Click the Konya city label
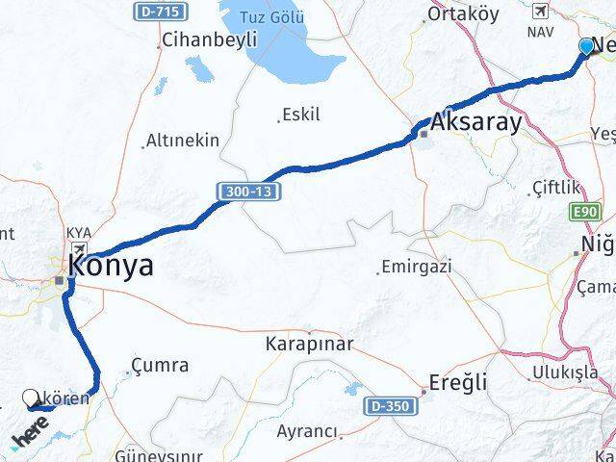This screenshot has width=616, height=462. point(113,267)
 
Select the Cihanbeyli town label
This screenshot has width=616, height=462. point(209,39)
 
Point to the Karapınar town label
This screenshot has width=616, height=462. point(310,344)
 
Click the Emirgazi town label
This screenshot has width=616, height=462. point(416,267)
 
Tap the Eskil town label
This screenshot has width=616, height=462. point(300,115)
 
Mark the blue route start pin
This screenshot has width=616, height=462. point(587,45)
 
